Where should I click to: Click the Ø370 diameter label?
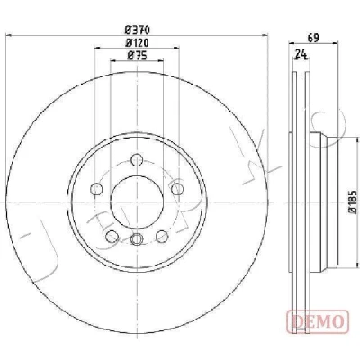[137, 30]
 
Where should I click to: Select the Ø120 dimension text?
[137, 43]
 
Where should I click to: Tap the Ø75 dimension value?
[137, 56]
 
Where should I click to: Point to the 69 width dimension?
[313, 38]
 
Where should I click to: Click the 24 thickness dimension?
[301, 55]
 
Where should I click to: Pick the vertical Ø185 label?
[353, 202]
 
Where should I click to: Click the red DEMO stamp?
[318, 321]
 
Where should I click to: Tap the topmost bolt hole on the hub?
[137, 159]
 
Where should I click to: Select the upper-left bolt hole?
[96, 189]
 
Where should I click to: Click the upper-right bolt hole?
[177, 189]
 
